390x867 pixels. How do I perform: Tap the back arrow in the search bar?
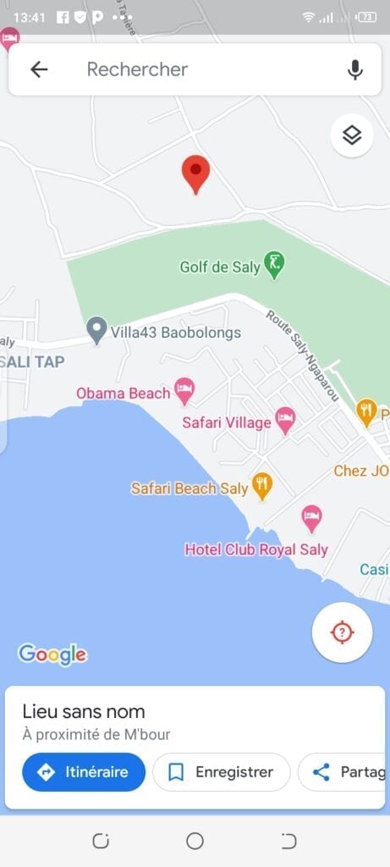click(39, 69)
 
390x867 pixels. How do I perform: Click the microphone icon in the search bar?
click(355, 69)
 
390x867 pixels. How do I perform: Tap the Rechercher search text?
click(137, 69)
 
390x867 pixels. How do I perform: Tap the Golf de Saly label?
click(220, 268)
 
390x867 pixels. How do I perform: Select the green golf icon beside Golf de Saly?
click(274, 266)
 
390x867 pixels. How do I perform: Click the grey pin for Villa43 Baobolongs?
click(97, 330)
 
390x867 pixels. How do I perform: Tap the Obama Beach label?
click(124, 393)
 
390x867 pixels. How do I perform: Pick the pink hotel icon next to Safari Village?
click(286, 421)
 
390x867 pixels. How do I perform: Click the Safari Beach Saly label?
click(190, 489)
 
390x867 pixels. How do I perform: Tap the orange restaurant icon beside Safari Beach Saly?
click(263, 485)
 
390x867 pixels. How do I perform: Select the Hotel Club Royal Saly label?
click(256, 549)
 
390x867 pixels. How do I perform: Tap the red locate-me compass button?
click(342, 632)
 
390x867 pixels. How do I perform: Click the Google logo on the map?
click(52, 654)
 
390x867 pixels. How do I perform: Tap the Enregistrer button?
click(222, 772)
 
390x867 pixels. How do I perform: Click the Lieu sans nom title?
click(84, 712)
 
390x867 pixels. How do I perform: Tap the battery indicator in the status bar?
click(366, 17)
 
